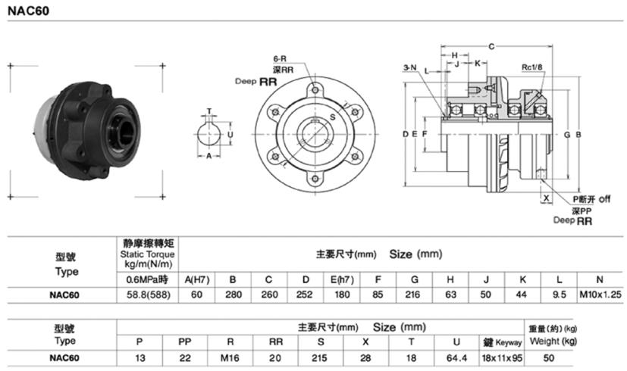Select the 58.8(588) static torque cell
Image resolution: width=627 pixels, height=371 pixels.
[148, 295]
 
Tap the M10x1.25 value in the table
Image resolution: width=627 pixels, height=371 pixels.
[599, 295]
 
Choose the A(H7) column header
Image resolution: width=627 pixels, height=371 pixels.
[197, 279]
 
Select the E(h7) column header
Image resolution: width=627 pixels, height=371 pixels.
[341, 279]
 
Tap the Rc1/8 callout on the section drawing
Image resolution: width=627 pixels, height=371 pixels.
[531, 67]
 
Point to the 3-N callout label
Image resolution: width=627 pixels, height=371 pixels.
[410, 68]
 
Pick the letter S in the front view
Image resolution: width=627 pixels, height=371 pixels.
[331, 117]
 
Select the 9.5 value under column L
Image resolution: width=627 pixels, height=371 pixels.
[559, 295]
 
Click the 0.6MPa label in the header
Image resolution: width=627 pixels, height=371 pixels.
[148, 279]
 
